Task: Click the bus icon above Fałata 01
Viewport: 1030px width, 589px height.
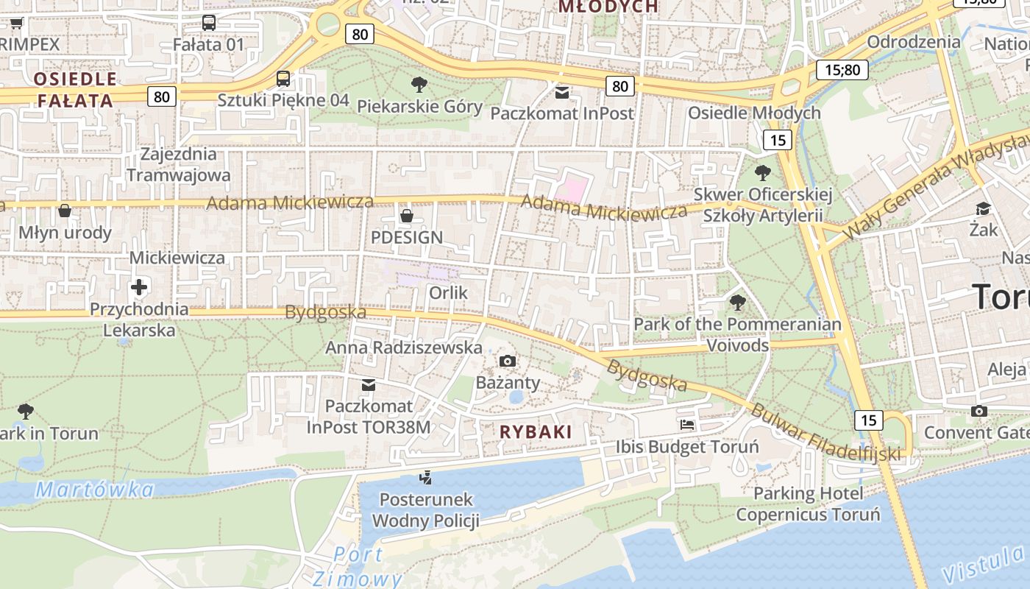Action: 209,23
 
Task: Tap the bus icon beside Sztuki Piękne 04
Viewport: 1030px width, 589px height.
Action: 283,79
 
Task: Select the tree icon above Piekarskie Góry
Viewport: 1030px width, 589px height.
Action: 419,85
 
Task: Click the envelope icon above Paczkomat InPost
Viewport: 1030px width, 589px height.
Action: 562,93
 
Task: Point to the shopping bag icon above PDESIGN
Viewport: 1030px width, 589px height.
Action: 406,216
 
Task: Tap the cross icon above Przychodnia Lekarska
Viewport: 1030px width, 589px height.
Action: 139,287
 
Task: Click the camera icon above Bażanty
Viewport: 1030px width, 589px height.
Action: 508,361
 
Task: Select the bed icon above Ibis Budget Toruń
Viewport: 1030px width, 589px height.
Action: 686,425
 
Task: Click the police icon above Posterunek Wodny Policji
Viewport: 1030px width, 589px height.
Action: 425,478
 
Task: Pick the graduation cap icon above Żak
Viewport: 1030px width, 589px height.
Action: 983,208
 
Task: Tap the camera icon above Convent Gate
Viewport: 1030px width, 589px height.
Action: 979,411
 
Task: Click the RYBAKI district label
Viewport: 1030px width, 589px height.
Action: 536,432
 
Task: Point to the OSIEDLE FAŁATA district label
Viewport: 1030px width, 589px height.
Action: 75,90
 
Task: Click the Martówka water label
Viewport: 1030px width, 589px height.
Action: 95,489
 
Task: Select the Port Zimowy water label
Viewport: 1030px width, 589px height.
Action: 358,566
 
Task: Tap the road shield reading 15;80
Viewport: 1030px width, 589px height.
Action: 842,70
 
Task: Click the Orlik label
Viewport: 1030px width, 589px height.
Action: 448,292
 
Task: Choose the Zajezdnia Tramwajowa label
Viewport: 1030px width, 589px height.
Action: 179,164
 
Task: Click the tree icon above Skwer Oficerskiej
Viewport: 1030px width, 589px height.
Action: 763,173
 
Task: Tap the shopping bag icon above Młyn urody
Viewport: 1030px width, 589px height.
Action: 65,211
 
